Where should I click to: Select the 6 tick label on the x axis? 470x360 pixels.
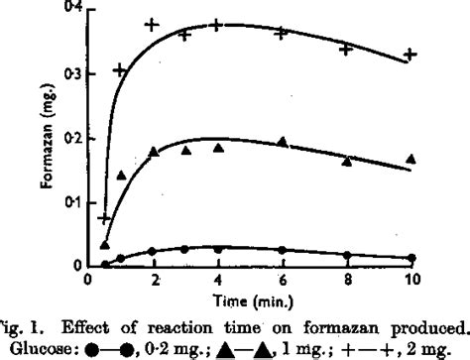pyautogui.click(x=283, y=282)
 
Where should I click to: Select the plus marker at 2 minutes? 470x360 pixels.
pyautogui.click(x=152, y=23)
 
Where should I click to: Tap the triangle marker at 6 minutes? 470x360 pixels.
pyautogui.click(x=283, y=142)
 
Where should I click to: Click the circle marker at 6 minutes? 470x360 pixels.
pyautogui.click(x=283, y=250)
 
